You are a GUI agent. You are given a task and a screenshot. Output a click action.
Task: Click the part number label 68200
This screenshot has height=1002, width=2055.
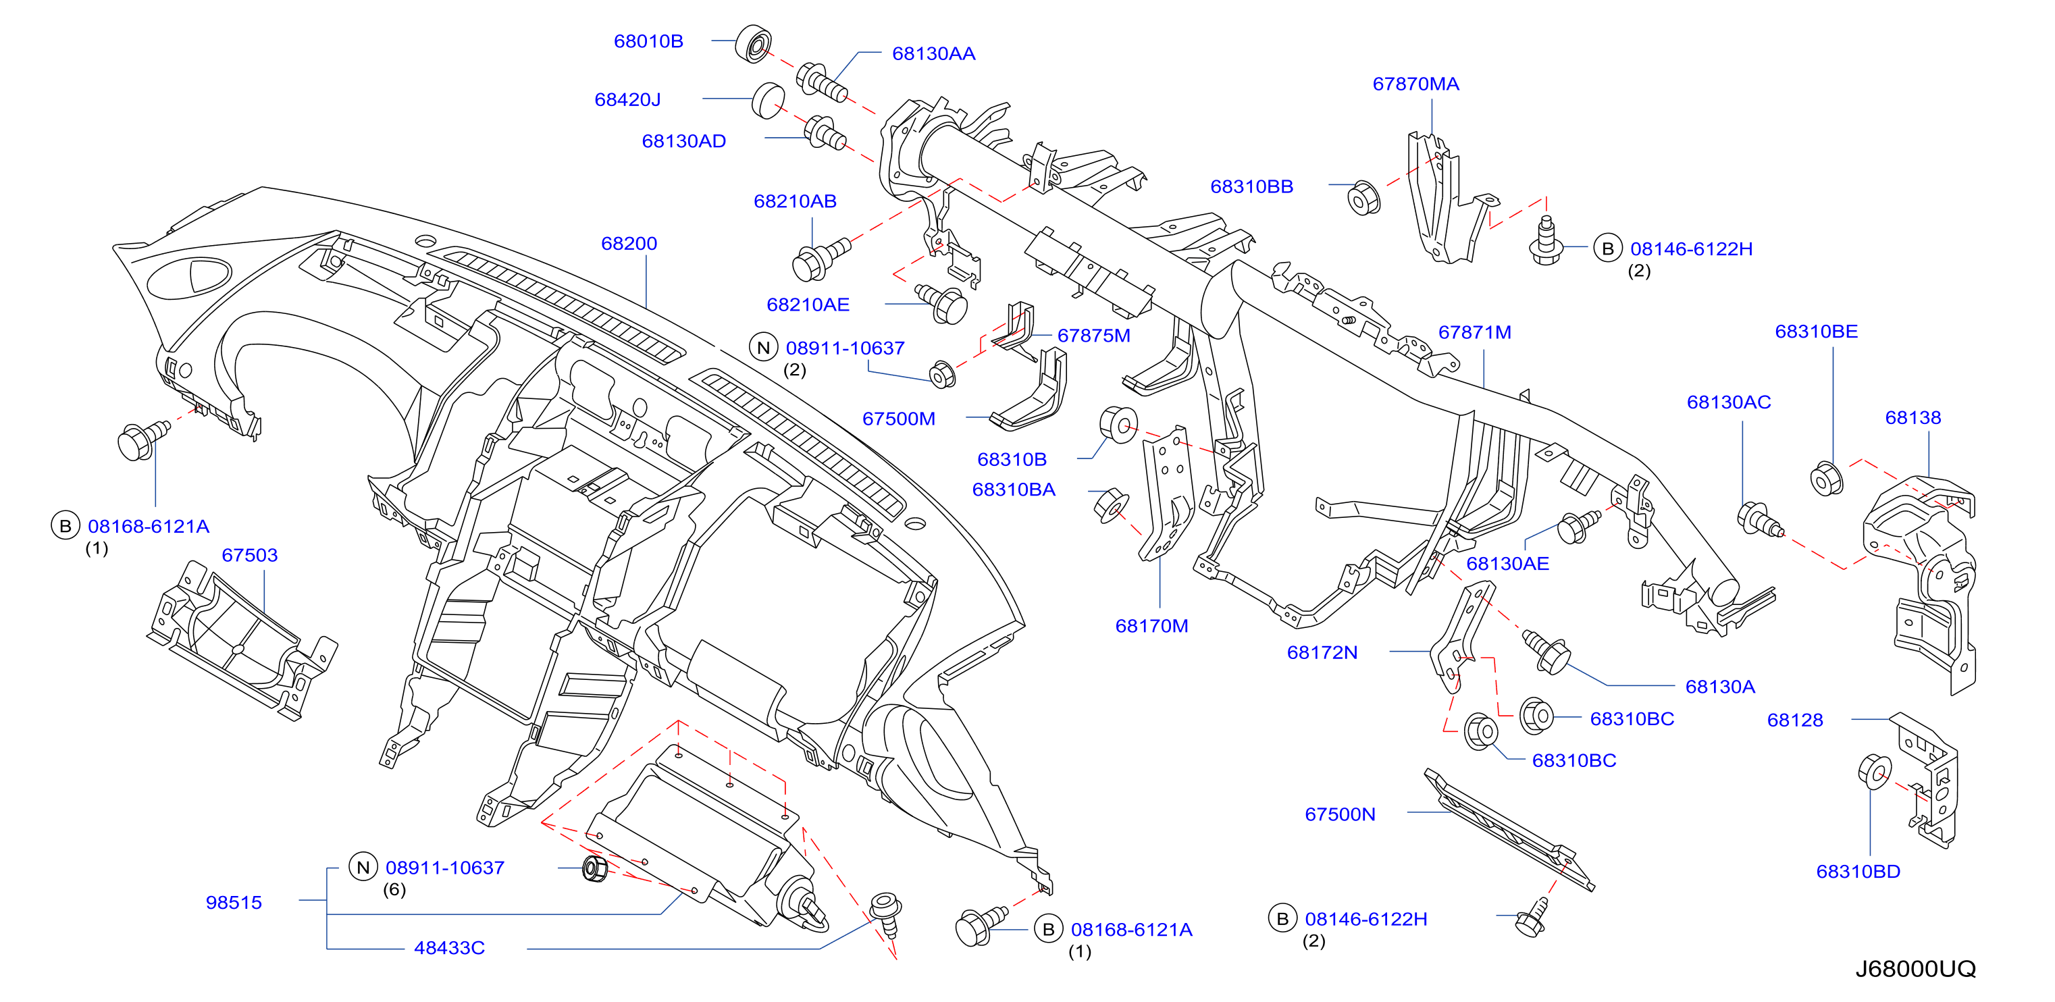tap(629, 243)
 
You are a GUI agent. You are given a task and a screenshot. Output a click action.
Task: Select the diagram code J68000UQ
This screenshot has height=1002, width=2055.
tap(1915, 968)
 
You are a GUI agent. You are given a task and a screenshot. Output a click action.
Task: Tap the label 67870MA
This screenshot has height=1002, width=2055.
tap(1415, 84)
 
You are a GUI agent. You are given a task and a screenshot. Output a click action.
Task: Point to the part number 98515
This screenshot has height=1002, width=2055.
tap(234, 902)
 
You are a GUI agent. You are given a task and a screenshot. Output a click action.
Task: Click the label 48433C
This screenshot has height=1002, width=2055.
tap(449, 948)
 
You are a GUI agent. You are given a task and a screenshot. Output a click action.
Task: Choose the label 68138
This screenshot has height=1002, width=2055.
tap(1913, 417)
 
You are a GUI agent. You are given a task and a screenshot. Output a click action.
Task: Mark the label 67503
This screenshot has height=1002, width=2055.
tap(250, 554)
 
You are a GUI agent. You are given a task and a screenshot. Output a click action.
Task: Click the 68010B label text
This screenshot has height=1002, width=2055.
tap(648, 41)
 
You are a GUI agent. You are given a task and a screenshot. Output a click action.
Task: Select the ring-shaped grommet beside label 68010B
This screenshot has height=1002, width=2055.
tap(753, 44)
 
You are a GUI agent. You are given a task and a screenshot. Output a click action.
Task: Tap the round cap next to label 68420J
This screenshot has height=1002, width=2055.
tap(769, 100)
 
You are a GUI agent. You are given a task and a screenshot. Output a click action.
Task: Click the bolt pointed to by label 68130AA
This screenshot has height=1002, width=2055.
tap(821, 82)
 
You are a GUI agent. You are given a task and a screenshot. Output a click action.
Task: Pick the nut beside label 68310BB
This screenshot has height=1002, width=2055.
tap(1363, 198)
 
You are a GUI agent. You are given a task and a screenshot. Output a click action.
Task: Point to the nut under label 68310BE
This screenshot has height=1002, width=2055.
tap(1826, 479)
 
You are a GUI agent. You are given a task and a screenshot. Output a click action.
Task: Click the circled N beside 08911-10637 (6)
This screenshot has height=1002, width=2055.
tap(363, 867)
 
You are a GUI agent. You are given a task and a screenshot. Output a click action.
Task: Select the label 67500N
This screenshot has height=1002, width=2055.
tap(1341, 814)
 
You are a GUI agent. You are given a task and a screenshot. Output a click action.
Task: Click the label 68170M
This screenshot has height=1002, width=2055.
tap(1151, 625)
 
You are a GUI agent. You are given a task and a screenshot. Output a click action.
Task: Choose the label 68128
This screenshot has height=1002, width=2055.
tap(1795, 720)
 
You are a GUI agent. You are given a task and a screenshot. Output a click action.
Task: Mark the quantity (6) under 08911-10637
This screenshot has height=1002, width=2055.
tap(395, 889)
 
